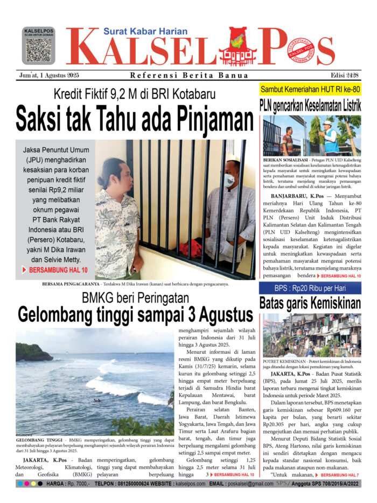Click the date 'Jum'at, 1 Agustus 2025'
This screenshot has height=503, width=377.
[x=47, y=75]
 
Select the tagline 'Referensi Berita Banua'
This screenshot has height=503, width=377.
[x=189, y=75]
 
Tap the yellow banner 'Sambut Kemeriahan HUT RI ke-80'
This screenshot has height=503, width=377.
[x=309, y=88]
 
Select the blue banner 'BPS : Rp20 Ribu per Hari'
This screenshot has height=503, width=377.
[x=309, y=288]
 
